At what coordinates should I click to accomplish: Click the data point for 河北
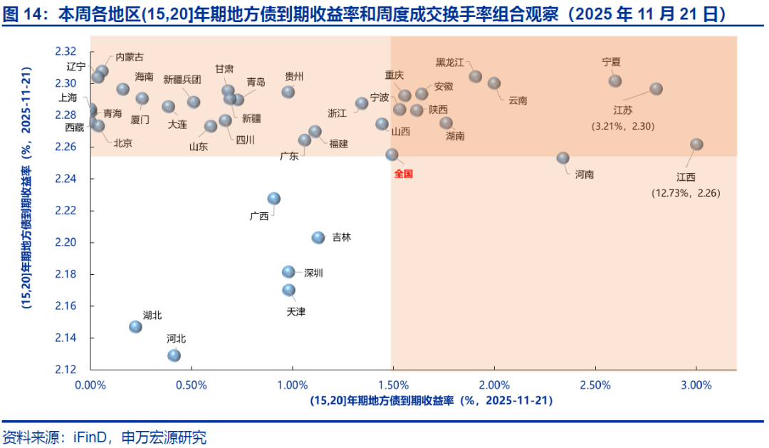(174, 355)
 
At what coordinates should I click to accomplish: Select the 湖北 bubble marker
(135, 326)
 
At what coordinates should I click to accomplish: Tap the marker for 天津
(288, 290)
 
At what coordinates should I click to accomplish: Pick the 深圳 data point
(288, 271)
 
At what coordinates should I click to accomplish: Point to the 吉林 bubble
(318, 237)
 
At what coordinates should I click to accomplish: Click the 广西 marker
(273, 199)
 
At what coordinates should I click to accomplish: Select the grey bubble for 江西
(696, 144)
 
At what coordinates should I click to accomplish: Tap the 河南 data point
(563, 158)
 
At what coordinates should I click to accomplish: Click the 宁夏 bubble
(615, 81)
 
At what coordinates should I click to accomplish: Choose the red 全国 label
(403, 173)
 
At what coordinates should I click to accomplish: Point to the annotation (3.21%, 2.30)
(623, 126)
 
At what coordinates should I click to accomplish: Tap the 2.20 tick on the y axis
(65, 243)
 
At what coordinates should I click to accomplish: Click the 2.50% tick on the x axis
(595, 385)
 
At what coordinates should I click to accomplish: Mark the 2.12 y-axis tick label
(65, 370)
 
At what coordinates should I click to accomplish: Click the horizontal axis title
(431, 401)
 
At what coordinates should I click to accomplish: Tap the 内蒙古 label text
(129, 57)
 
